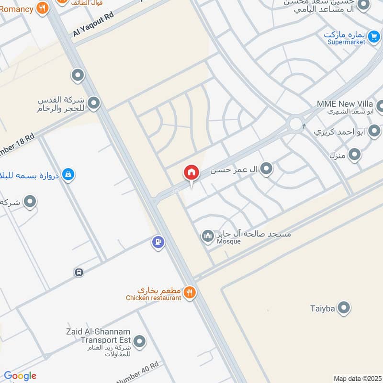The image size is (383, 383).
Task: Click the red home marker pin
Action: coord(191,173)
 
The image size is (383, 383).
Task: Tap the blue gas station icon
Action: coord(158,243)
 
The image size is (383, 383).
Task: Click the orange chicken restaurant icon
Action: coord(190,292)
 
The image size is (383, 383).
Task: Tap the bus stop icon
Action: coord(79,272)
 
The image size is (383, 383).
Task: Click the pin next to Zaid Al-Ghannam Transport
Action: coord(139,341)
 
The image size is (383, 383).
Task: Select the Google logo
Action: coord(20,376)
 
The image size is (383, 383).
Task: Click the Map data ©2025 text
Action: coord(357,378)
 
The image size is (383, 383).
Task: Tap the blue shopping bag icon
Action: coord(68,174)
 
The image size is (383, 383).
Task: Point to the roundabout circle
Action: coord(295,124)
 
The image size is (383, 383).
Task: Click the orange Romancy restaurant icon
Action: coord(43,8)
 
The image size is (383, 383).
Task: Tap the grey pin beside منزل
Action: coord(354,154)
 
